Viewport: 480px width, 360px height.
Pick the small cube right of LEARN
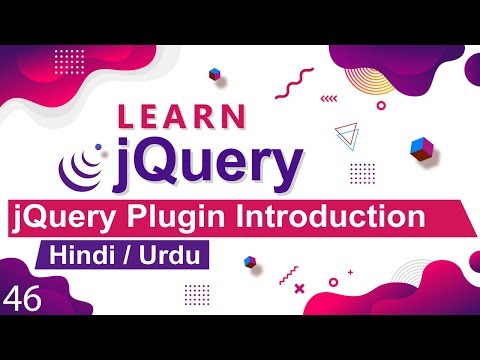(215, 74)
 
